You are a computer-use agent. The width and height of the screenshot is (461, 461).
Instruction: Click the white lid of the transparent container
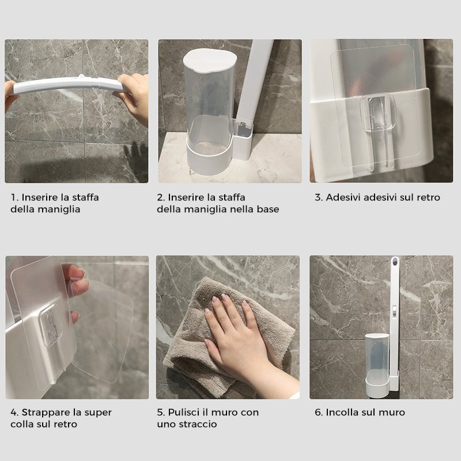click(x=210, y=61)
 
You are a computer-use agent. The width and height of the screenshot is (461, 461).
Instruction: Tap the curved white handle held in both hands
click(x=67, y=85)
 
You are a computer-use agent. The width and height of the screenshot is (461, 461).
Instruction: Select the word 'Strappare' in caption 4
click(x=43, y=413)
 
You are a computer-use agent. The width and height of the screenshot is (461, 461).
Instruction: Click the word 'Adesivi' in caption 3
click(x=344, y=197)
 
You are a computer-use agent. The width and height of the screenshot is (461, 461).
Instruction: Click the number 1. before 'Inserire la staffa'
click(x=15, y=197)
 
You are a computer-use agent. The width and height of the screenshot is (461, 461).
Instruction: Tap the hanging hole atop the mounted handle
click(x=395, y=260)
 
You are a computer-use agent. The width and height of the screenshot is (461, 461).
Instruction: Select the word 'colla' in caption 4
click(x=22, y=424)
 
